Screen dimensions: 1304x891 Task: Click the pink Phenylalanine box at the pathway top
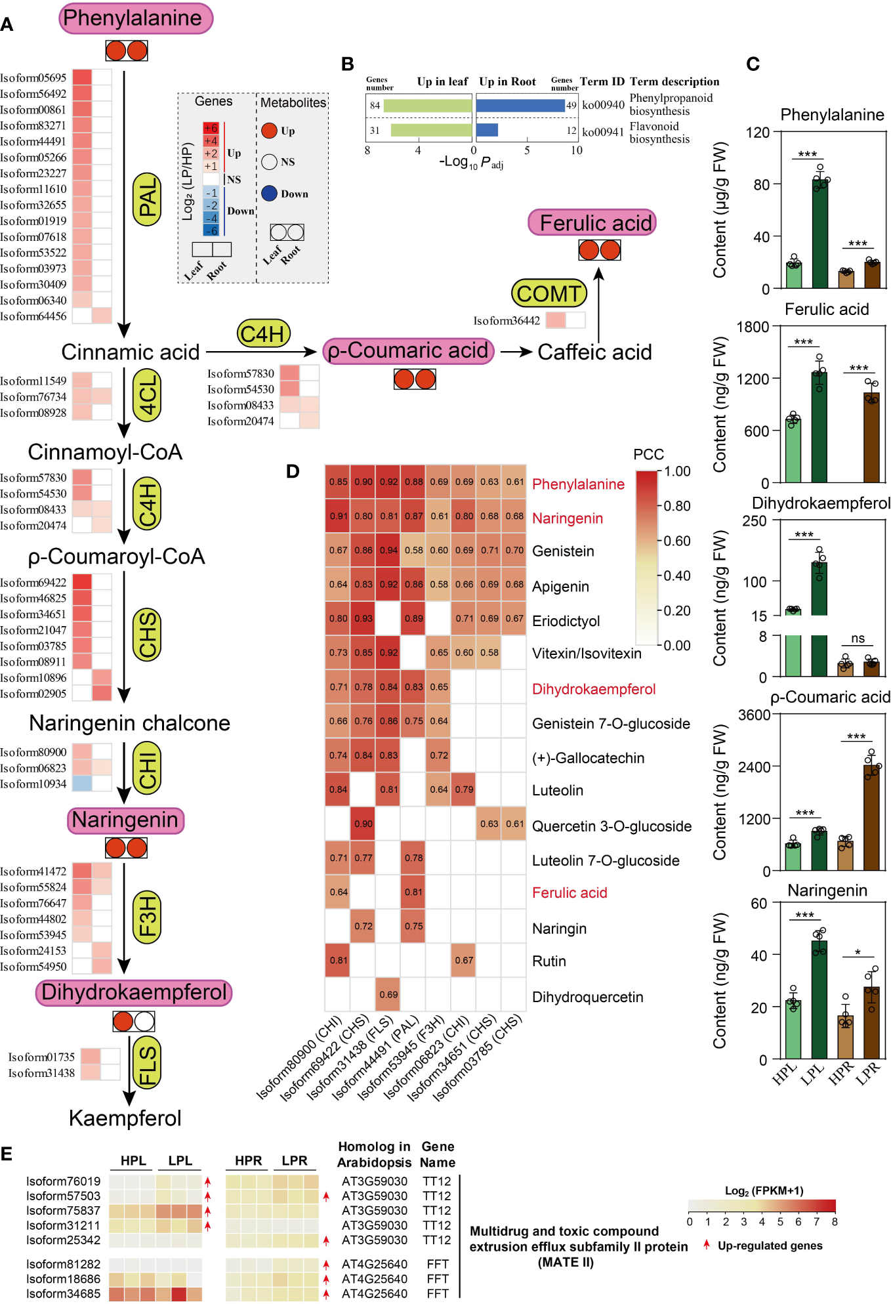click(136, 18)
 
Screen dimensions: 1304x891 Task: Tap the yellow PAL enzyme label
click(148, 199)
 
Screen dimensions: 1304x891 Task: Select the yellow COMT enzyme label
click(549, 293)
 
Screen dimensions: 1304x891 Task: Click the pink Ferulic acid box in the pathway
click(592, 223)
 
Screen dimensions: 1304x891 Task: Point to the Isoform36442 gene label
click(507, 321)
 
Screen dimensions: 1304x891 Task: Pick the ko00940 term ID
click(603, 105)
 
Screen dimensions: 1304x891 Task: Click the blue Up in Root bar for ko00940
click(520, 105)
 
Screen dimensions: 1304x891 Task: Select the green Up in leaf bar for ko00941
click(431, 130)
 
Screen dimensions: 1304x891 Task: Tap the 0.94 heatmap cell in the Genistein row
click(388, 550)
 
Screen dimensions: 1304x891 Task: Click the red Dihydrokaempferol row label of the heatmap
click(594, 689)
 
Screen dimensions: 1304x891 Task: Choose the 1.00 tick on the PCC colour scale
click(677, 471)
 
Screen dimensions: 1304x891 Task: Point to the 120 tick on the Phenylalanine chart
click(758, 133)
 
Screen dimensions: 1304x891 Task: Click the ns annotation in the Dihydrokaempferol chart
click(858, 639)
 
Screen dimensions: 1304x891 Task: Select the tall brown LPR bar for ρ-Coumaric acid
click(871, 818)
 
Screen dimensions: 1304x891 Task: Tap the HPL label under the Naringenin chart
click(785, 1073)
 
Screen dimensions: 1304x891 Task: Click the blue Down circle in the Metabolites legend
click(269, 194)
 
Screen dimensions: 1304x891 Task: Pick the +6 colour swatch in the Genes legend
click(211, 128)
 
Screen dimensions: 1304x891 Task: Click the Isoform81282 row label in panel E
click(63, 1264)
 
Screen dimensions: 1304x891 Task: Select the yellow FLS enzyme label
click(147, 1065)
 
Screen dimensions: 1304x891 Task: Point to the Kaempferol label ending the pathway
click(125, 1118)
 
